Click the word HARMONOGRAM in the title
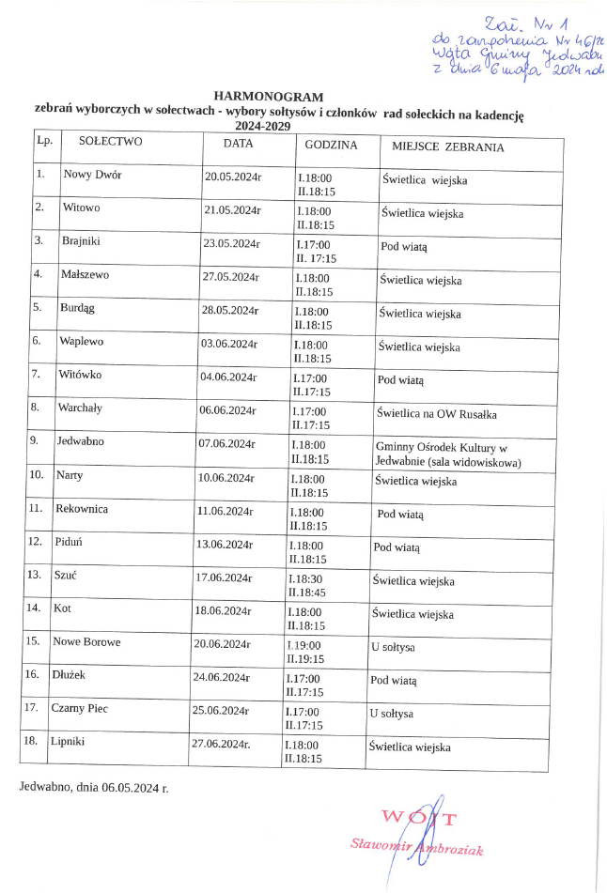pyautogui.click(x=268, y=96)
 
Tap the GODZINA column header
pyautogui.click(x=331, y=146)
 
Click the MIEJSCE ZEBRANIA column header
pyautogui.click(x=442, y=147)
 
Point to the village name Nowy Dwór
pyautogui.click(x=92, y=175)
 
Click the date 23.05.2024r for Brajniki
pyautogui.click(x=231, y=243)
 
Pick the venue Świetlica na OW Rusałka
pyautogui.click(x=436, y=413)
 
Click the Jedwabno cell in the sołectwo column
pyautogui.click(x=80, y=440)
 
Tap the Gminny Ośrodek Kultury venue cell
pyautogui.click(x=447, y=454)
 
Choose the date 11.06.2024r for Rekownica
pyautogui.click(x=226, y=512)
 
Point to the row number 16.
pyautogui.click(x=32, y=673)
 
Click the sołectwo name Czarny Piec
pyautogui.click(x=80, y=708)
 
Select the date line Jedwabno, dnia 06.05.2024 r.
pyautogui.click(x=93, y=785)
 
